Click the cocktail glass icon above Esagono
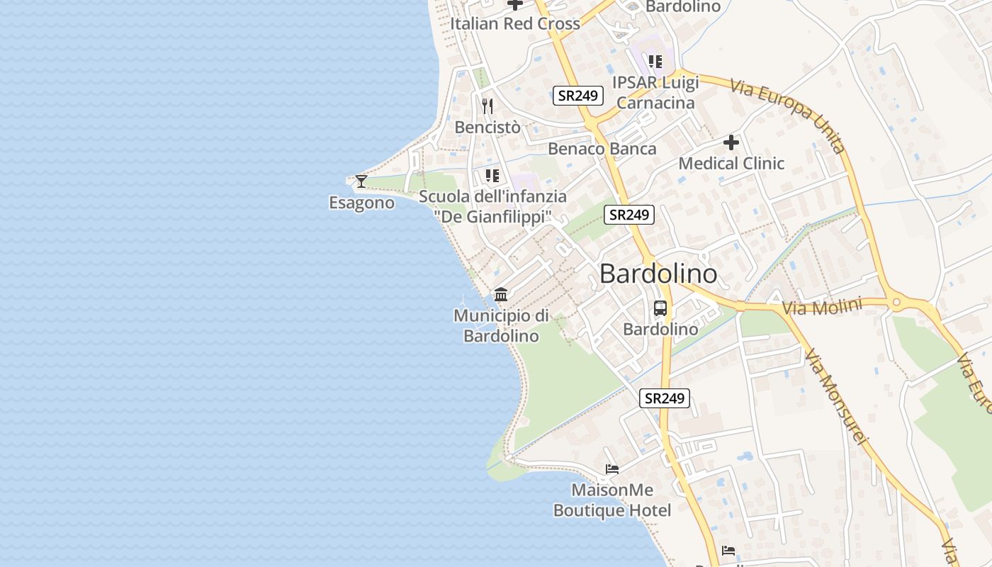pyautogui.click(x=361, y=181)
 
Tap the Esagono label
pyautogui.click(x=361, y=203)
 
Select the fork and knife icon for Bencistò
pyautogui.click(x=487, y=106)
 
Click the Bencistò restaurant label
pyautogui.click(x=487, y=128)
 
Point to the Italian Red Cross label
pyautogui.click(x=515, y=23)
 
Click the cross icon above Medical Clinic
pyautogui.click(x=731, y=142)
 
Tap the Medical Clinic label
pyautogui.click(x=731, y=164)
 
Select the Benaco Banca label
pyautogui.click(x=602, y=149)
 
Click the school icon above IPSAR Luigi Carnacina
pyautogui.click(x=655, y=62)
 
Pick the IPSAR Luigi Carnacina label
pyautogui.click(x=656, y=92)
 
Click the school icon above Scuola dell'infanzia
pyautogui.click(x=492, y=175)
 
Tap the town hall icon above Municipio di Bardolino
pyautogui.click(x=501, y=294)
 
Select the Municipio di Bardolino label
pyautogui.click(x=501, y=325)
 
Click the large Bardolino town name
pyautogui.click(x=658, y=274)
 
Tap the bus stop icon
pyautogui.click(x=660, y=308)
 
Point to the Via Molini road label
pyautogui.click(x=822, y=308)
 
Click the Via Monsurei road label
pyautogui.click(x=837, y=397)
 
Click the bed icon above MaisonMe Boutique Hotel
pyautogui.click(x=612, y=469)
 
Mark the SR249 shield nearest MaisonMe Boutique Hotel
pyautogui.click(x=665, y=398)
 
